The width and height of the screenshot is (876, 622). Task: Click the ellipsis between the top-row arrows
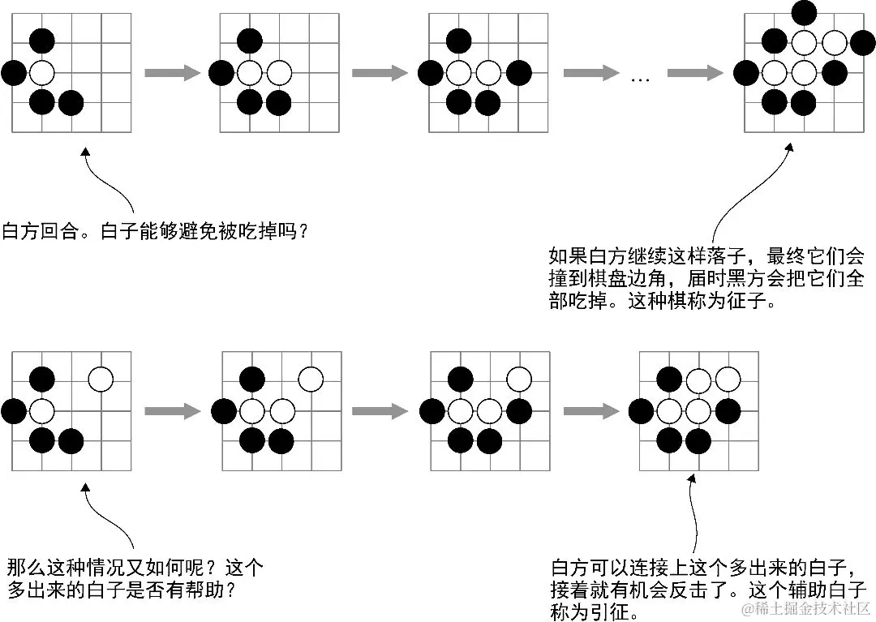click(641, 77)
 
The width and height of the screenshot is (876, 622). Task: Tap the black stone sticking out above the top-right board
click(804, 12)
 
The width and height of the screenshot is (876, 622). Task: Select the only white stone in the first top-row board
click(42, 73)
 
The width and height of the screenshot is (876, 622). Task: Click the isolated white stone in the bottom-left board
click(101, 379)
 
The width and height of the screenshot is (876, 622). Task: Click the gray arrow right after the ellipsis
click(694, 74)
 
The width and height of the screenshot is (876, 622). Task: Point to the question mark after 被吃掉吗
click(303, 231)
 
